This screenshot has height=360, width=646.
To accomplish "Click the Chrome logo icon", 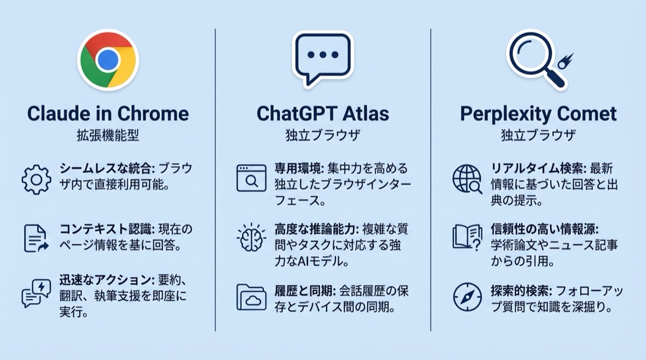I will coord(108,59).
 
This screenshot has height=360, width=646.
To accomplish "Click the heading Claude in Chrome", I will coord(108,114).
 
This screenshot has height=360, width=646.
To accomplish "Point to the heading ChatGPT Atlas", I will coord(322,114).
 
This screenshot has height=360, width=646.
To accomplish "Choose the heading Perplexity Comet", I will coord(538,114).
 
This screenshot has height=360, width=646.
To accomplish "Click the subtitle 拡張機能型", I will coord(108,136).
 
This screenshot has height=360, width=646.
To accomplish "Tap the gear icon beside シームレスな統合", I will coord(36,179).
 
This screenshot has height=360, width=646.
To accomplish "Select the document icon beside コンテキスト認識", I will coord(36,238).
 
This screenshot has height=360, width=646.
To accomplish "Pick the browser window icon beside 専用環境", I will coord(251,178).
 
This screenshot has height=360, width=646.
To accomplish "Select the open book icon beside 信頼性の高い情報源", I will coord(466,237).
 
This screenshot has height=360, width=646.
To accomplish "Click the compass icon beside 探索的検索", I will coord(467,297).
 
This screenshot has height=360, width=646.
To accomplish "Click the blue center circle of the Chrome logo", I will coord(108,59).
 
